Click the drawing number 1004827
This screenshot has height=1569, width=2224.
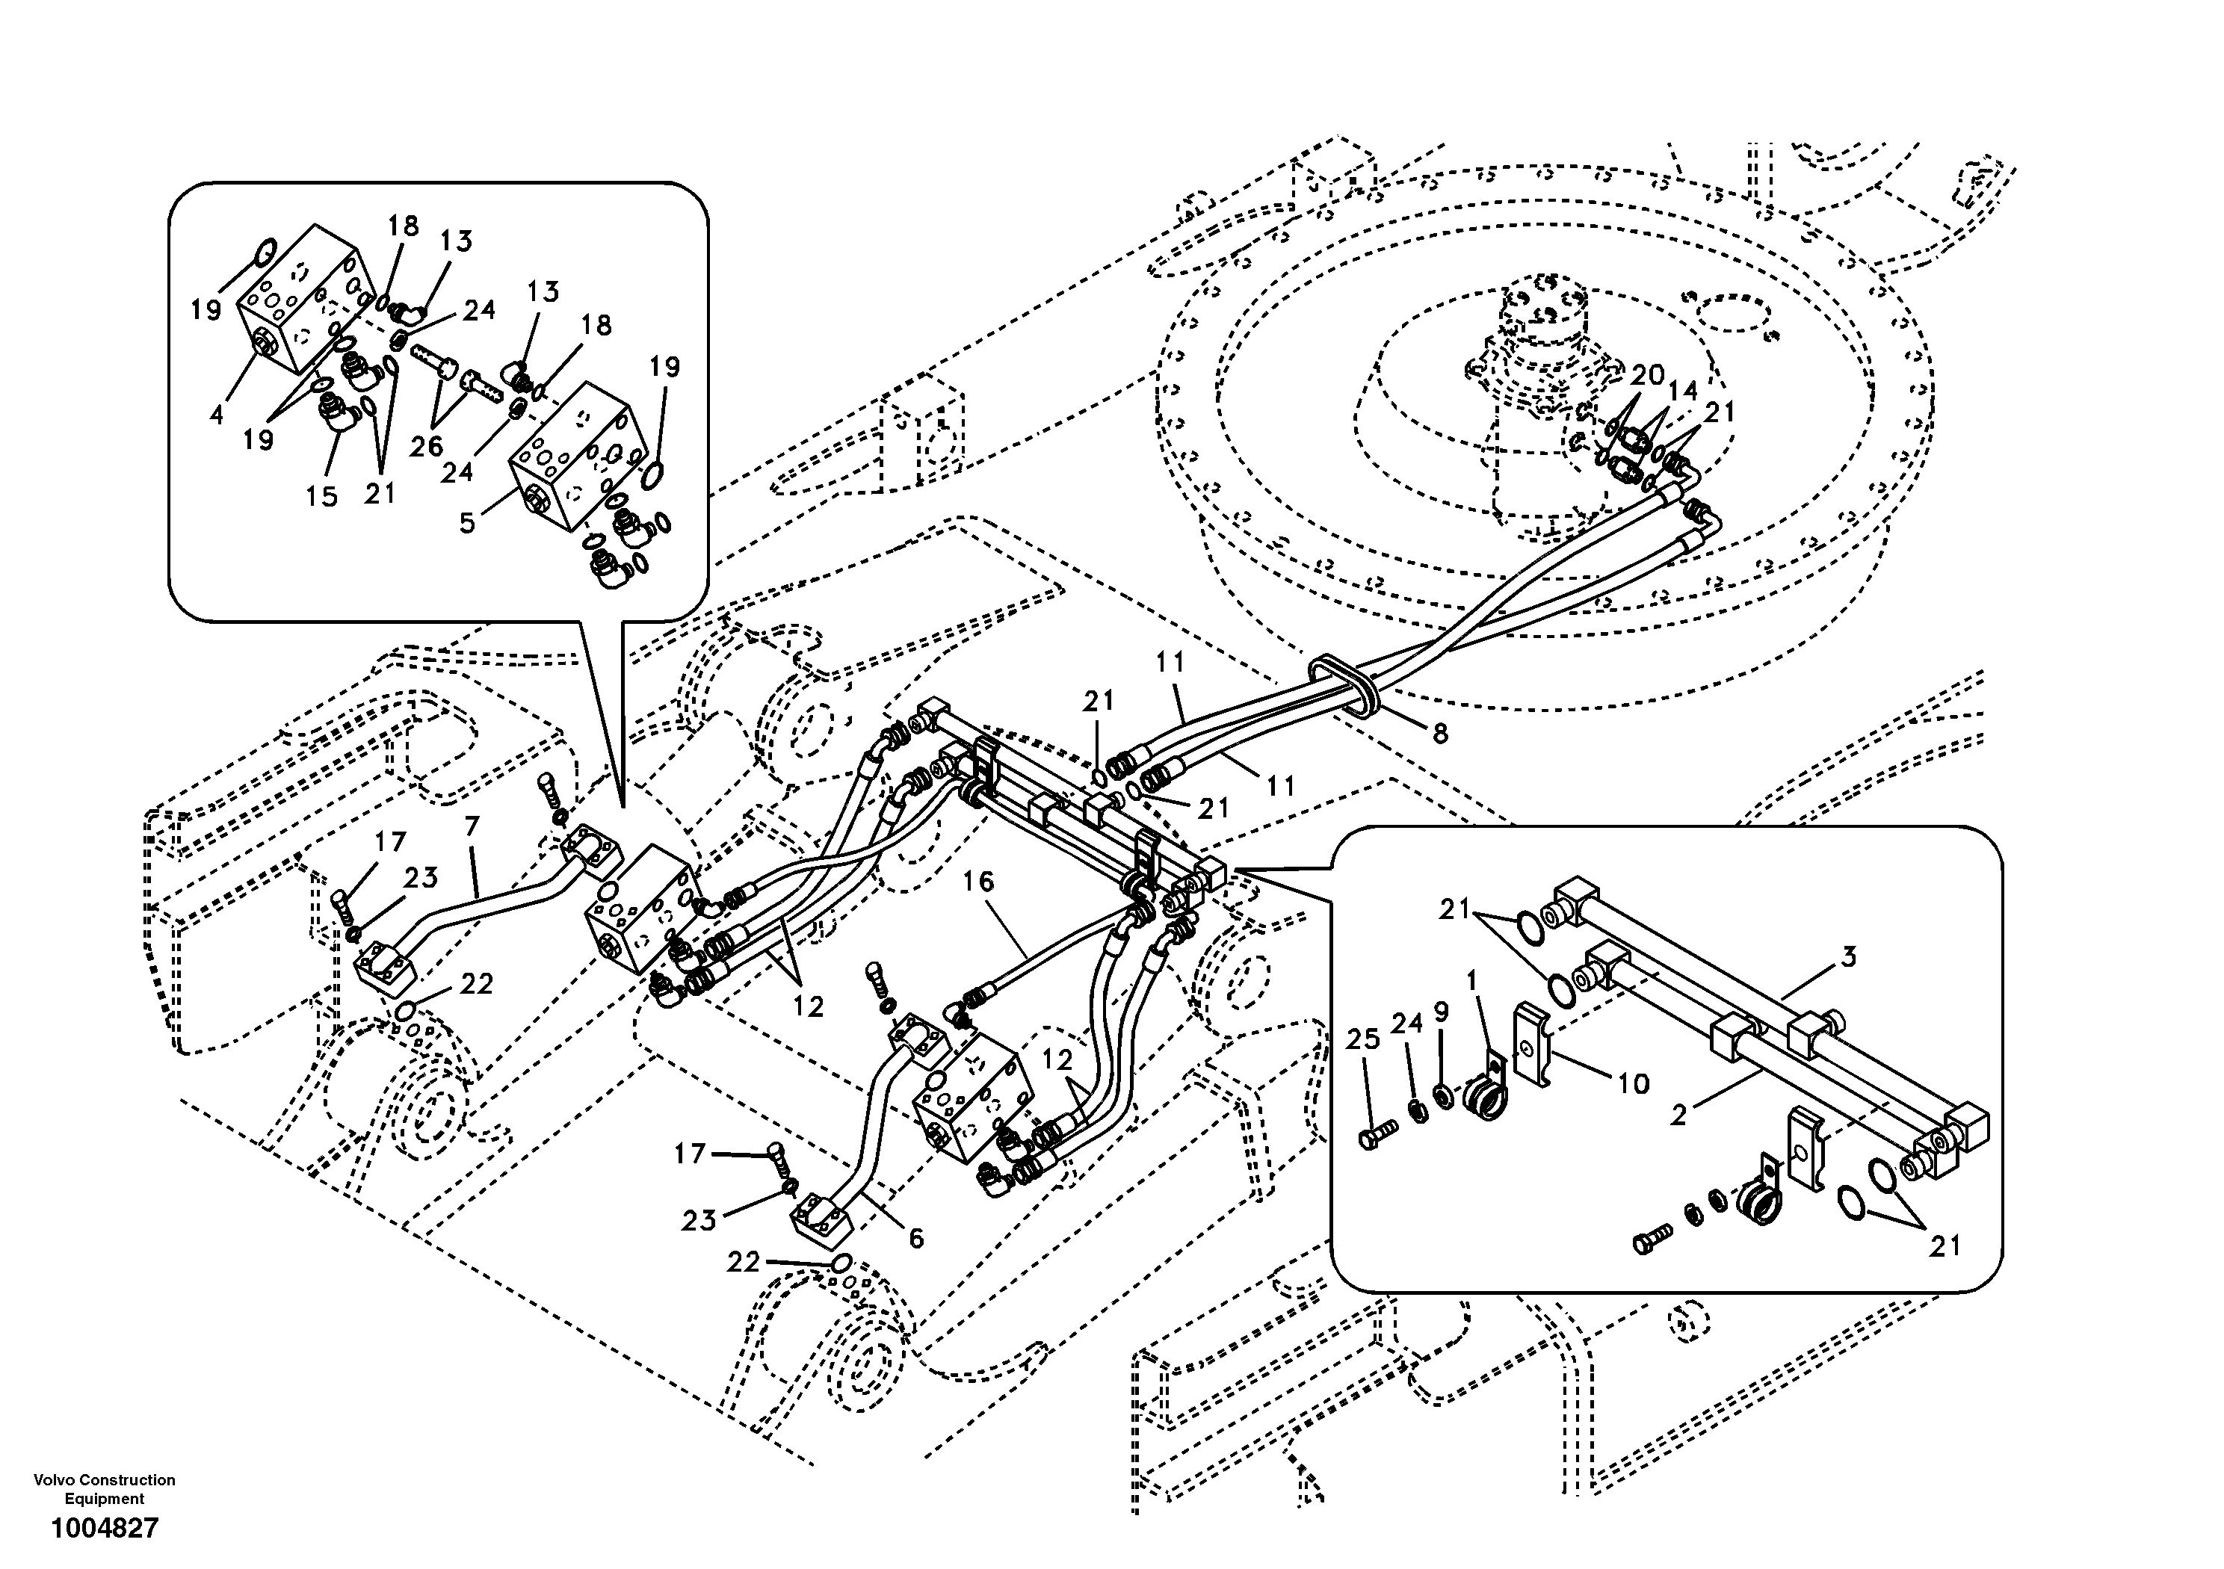click(104, 1529)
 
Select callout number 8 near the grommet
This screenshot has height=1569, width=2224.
click(1439, 734)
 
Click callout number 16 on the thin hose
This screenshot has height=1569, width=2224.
click(978, 882)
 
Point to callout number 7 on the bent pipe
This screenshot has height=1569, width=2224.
click(472, 827)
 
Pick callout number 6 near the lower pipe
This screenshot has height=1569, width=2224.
click(915, 1238)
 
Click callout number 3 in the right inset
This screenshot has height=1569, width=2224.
click(1848, 957)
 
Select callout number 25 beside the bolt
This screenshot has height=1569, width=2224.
click(1363, 1040)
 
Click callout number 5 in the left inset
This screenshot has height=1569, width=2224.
click(468, 524)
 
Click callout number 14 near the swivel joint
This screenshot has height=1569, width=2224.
click(1682, 390)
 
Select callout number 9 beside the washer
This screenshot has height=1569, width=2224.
click(1442, 1012)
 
